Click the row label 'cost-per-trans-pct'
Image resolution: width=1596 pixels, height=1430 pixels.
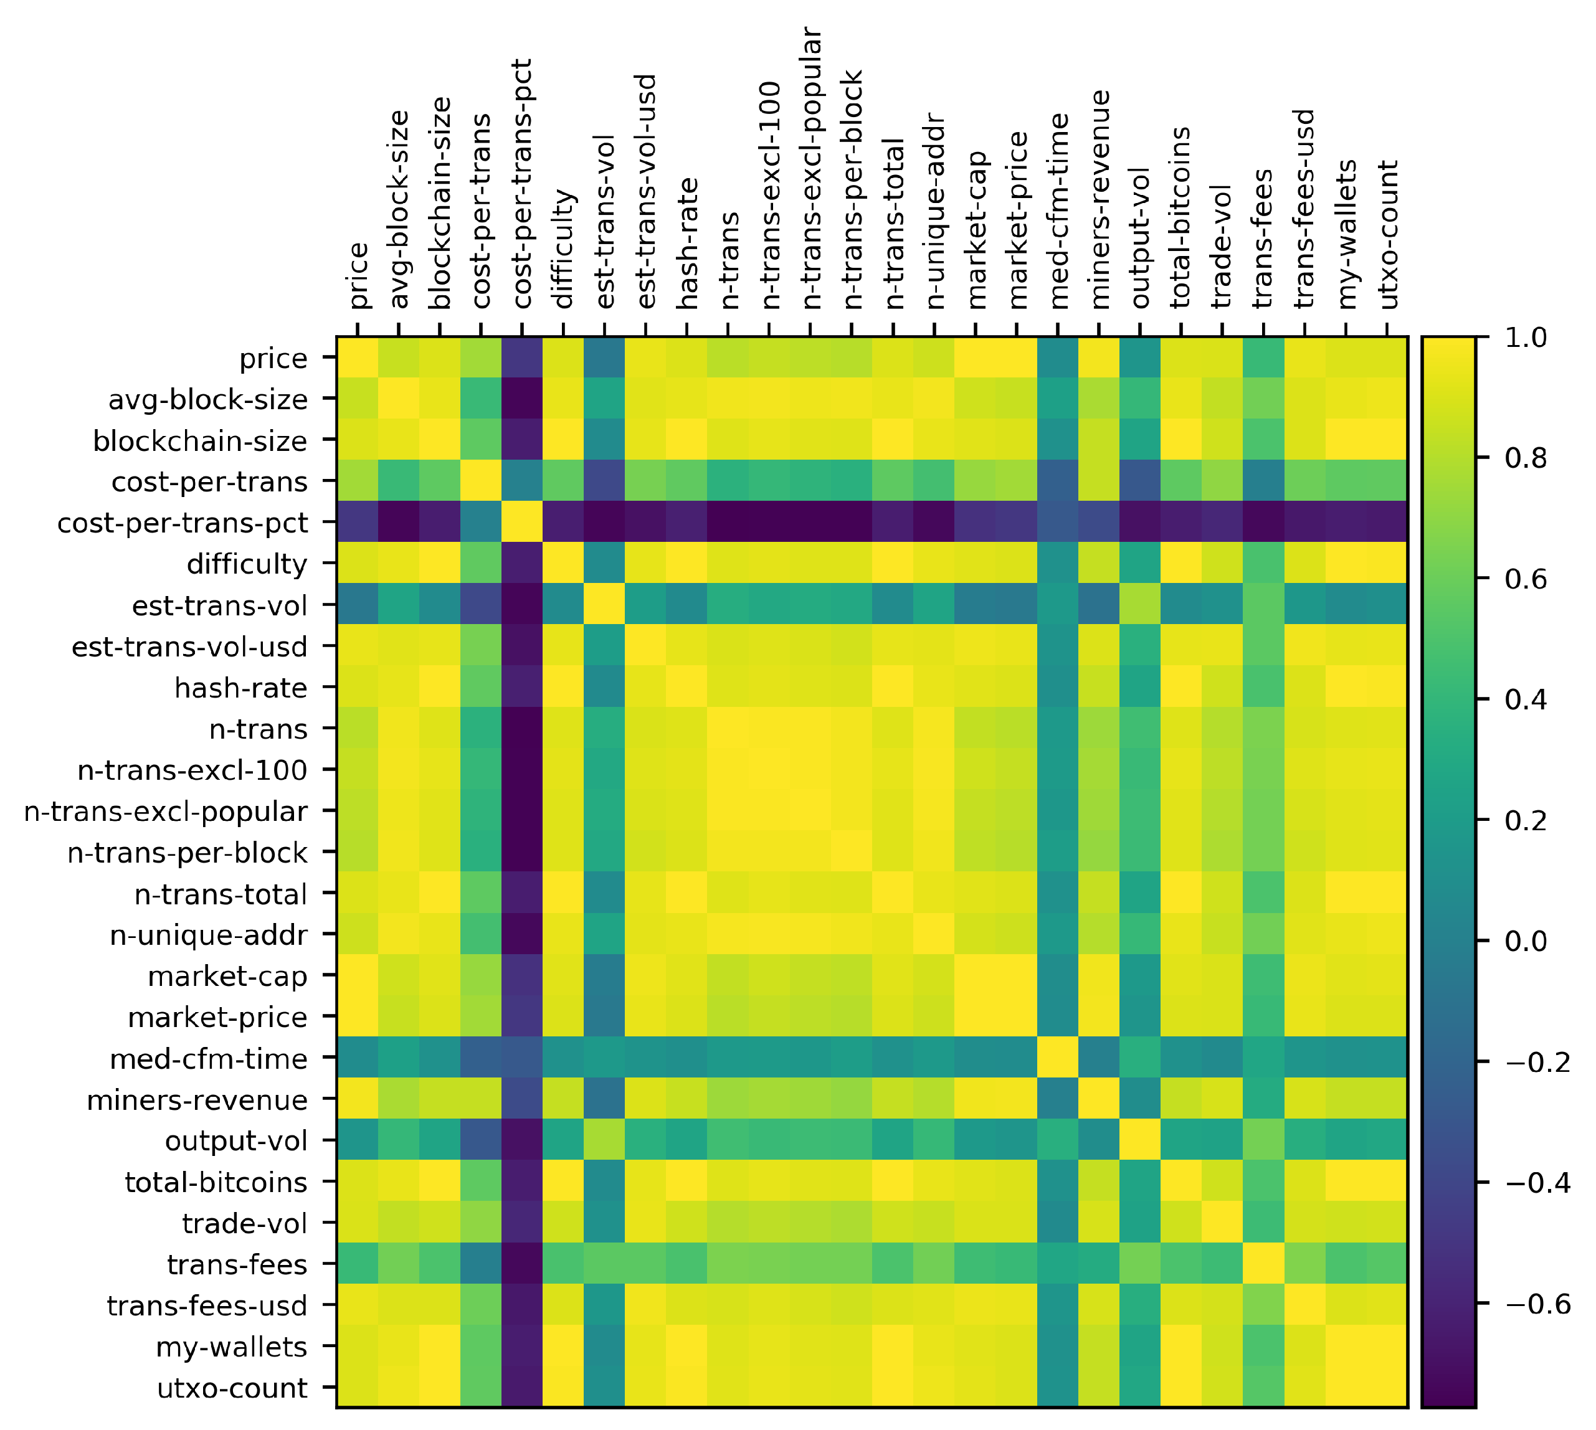tap(183, 523)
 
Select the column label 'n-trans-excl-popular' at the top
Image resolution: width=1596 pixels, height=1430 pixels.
tap(812, 168)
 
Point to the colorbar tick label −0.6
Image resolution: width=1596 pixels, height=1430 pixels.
tap(1537, 1304)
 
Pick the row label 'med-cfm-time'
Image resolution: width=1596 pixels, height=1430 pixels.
tap(208, 1059)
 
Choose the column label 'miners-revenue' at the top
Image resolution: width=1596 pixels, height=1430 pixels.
tap(1100, 199)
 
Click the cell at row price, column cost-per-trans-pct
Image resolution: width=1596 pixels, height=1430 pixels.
tap(522, 357)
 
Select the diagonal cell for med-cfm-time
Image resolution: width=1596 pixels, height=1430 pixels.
tap(1057, 1058)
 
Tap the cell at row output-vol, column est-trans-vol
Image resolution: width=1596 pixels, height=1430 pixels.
tap(604, 1141)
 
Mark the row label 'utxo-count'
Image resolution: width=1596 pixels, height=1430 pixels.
tap(232, 1388)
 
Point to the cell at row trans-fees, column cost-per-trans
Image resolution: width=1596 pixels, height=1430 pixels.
tap(481, 1264)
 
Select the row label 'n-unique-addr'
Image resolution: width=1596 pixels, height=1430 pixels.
tap(208, 935)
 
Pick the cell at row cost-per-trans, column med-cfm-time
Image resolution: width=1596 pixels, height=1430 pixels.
tap(1057, 481)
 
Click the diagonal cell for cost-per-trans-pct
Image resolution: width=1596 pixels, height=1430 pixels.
tap(522, 522)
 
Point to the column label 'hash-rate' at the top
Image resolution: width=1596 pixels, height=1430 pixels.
tap(687, 244)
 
